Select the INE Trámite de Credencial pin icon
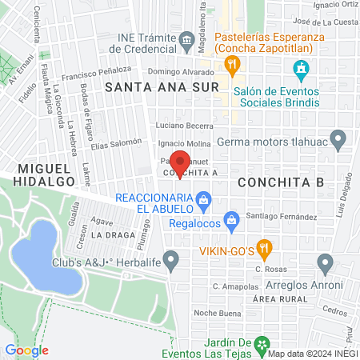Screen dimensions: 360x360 tap(186, 38)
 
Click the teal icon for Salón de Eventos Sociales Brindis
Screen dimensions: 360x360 tap(301, 70)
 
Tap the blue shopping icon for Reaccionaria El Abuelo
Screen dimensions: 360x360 tap(204, 198)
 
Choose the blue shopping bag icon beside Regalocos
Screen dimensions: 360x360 tap(232, 218)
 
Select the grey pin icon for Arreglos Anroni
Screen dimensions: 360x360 tap(325, 262)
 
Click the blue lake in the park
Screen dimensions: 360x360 tap(45, 256)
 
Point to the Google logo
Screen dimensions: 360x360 tap(27, 350)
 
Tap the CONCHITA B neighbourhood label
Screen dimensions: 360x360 tap(281, 182)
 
